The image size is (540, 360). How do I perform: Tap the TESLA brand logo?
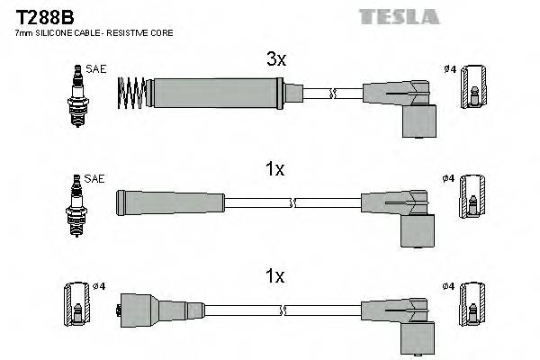tap(399, 16)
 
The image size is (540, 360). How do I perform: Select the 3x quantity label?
tap(275, 59)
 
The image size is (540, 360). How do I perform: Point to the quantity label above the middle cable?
tap(275, 168)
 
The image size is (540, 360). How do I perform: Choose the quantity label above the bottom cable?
tap(275, 276)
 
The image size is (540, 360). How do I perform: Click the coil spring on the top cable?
tap(133, 93)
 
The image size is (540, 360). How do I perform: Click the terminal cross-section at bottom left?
tap(77, 308)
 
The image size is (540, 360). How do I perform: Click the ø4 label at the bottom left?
tap(99, 286)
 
